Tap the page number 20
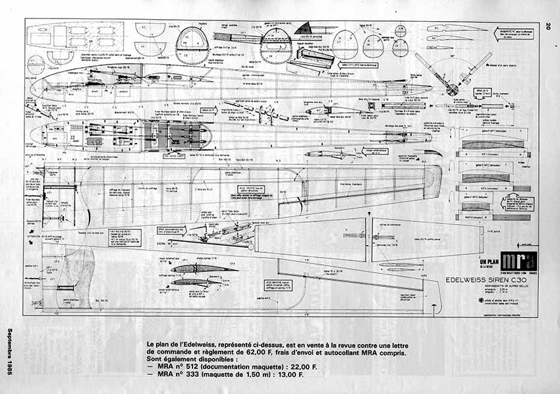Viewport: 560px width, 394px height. pyautogui.click(x=547, y=26)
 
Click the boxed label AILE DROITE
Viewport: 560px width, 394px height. pyautogui.click(x=242, y=191)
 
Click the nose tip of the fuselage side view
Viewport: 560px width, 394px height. pyautogui.click(x=33, y=87)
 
